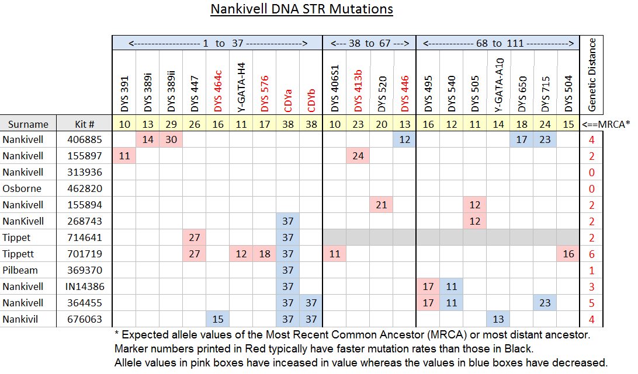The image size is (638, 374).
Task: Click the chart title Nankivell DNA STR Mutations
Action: pyautogui.click(x=301, y=9)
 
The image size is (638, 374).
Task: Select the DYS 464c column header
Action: pyautogui.click(x=218, y=91)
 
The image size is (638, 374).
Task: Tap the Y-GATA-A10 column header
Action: pyautogui.click(x=499, y=85)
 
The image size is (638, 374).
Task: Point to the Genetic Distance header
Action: pyautogui.click(x=592, y=75)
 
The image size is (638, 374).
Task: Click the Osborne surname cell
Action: pyautogui.click(x=22, y=188)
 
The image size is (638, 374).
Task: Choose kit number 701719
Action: pyautogui.click(x=85, y=254)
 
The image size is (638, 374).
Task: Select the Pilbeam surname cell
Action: pyautogui.click(x=20, y=270)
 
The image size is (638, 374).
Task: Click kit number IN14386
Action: pyautogui.click(x=85, y=286)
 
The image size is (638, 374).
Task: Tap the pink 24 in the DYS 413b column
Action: pyautogui.click(x=358, y=156)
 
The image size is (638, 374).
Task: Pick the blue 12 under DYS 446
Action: pyautogui.click(x=404, y=140)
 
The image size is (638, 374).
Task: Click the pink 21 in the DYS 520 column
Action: pyautogui.click(x=382, y=205)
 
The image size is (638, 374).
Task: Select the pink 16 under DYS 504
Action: pyautogui.click(x=568, y=254)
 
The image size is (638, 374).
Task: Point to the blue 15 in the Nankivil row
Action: pyautogui.click(x=218, y=319)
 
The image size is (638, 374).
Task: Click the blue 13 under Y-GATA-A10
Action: pyautogui.click(x=498, y=319)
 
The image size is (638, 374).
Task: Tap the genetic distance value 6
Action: pyautogui.click(x=592, y=254)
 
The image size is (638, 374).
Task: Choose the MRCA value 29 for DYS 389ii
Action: pyautogui.click(x=171, y=124)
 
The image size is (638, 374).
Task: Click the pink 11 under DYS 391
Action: pyautogui.click(x=124, y=156)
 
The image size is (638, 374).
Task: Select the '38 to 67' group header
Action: pyautogui.click(x=369, y=43)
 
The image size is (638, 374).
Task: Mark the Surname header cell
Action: pyautogui.click(x=28, y=124)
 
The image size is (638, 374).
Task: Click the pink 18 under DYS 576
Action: pyautogui.click(x=265, y=254)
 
